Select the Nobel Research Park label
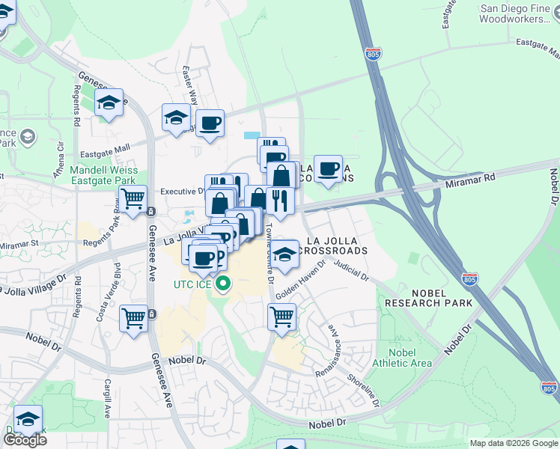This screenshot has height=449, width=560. (x=428, y=298)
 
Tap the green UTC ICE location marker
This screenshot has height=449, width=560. (x=222, y=285)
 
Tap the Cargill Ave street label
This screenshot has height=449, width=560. (x=107, y=397)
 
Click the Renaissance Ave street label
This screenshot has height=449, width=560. (x=332, y=343)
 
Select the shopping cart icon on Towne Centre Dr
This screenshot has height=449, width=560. (x=281, y=317)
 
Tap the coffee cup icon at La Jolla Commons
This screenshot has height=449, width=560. (x=327, y=168)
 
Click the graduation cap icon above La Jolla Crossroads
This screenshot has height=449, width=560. (x=284, y=254)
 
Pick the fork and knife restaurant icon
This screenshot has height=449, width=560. (x=279, y=201)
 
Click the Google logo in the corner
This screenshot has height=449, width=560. (x=25, y=439)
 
